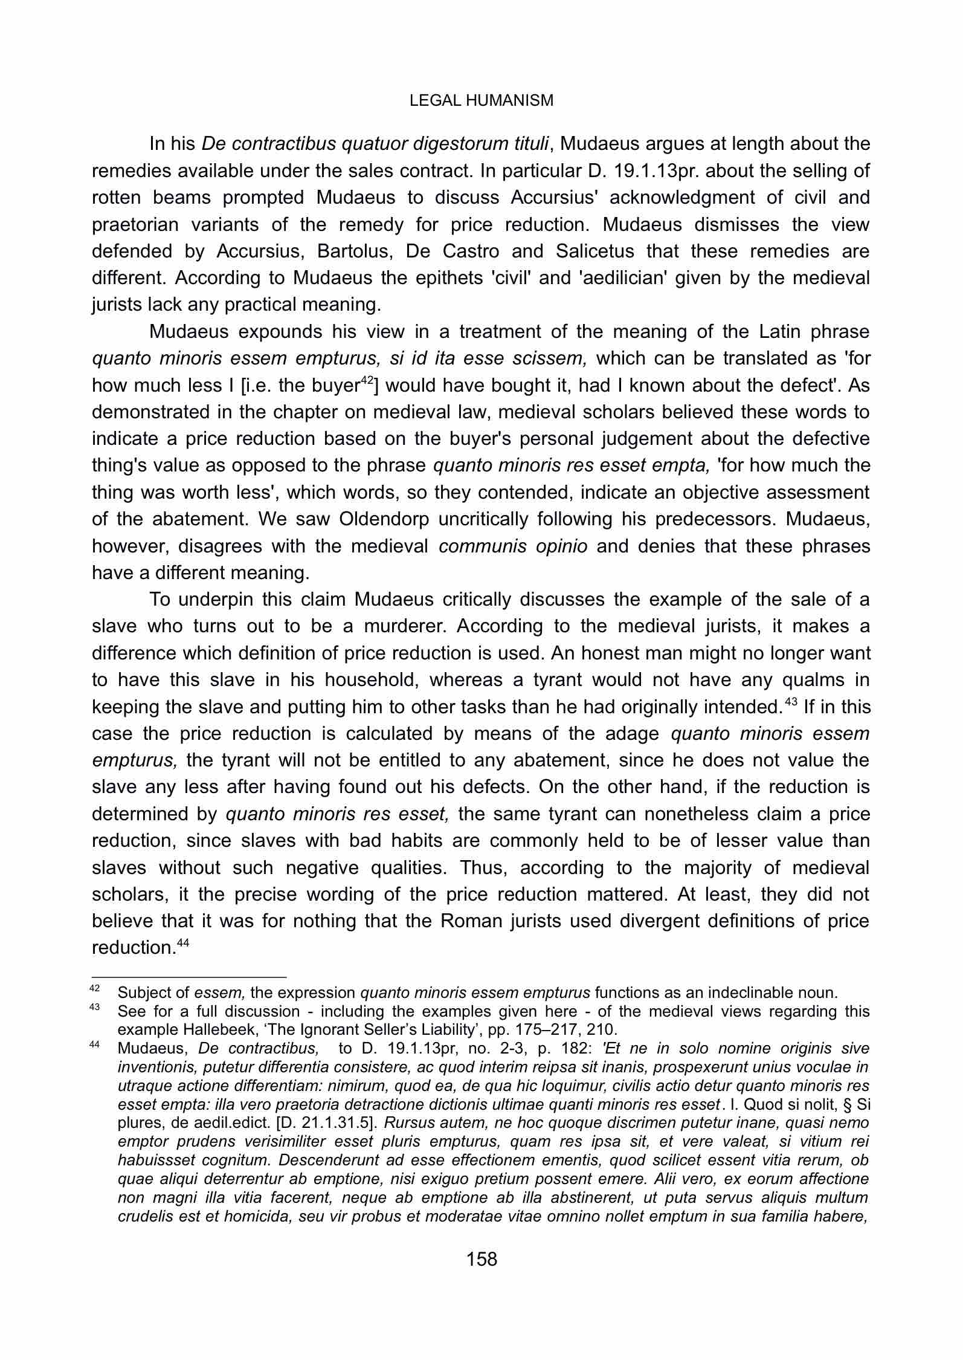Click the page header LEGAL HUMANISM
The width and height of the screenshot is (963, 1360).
click(481, 101)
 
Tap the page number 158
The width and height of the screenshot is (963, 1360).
click(481, 1259)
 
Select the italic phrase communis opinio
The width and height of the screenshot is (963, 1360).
click(512, 546)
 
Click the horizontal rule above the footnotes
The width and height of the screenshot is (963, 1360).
click(188, 976)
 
